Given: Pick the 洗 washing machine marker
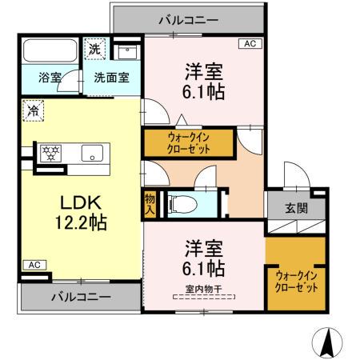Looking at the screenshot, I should click(x=95, y=48).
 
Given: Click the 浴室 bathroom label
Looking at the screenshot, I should click(x=50, y=78).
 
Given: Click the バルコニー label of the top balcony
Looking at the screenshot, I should click(x=187, y=18).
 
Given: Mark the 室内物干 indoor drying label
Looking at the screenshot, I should click(x=204, y=290).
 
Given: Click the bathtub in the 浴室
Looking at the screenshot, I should click(x=50, y=52).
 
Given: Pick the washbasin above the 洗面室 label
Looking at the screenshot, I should click(x=126, y=51).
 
